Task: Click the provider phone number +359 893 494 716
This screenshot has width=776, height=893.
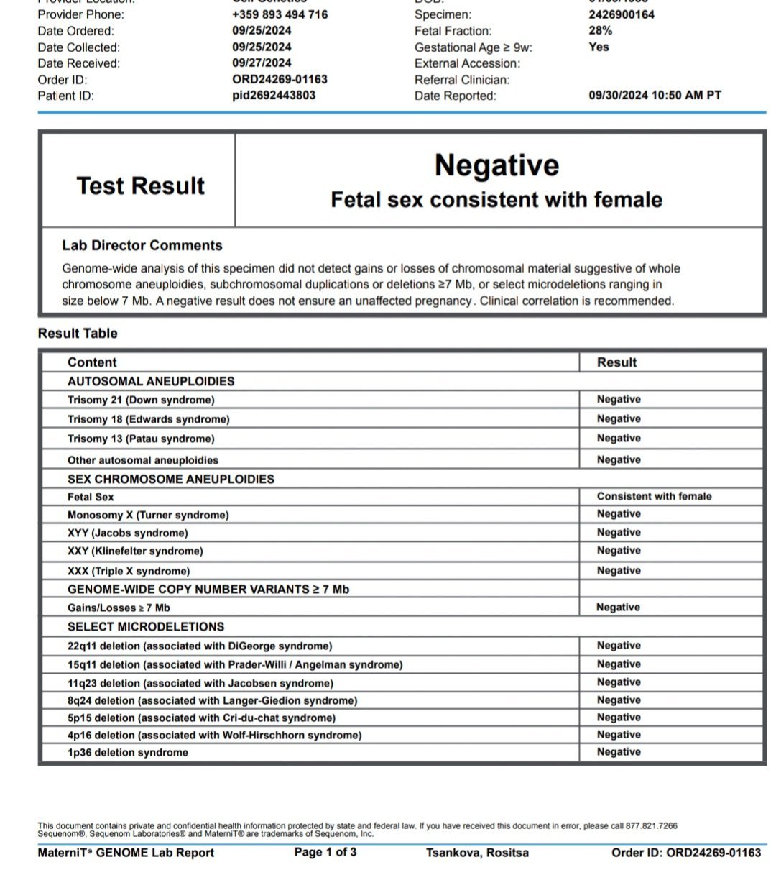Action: (x=280, y=14)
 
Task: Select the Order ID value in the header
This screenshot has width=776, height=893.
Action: (x=280, y=79)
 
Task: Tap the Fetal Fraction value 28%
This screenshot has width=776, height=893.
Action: (x=600, y=30)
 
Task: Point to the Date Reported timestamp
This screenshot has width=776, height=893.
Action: (x=655, y=95)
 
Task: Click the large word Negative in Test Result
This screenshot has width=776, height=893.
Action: (x=496, y=165)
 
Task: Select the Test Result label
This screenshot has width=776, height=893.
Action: (x=141, y=186)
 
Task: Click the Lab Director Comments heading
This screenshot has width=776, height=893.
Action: (x=142, y=245)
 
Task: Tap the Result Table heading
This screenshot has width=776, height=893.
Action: (x=78, y=333)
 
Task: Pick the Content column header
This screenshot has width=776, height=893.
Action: (x=92, y=362)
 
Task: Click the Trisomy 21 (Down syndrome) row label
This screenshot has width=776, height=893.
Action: (x=141, y=400)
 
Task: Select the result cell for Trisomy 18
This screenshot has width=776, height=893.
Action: (x=619, y=418)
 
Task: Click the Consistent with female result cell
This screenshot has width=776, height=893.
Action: (x=654, y=496)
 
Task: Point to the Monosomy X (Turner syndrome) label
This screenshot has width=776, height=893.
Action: (x=148, y=515)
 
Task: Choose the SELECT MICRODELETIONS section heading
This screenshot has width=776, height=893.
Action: (x=146, y=626)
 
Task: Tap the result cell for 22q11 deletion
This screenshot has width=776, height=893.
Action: (x=619, y=646)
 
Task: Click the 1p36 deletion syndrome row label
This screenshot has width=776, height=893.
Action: (x=128, y=752)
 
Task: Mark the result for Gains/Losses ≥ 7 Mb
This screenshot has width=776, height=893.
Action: (x=618, y=607)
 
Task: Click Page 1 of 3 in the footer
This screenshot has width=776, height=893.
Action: (x=325, y=852)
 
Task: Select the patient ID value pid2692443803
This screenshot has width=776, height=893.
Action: (x=274, y=95)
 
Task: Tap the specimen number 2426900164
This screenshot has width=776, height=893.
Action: (x=622, y=14)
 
